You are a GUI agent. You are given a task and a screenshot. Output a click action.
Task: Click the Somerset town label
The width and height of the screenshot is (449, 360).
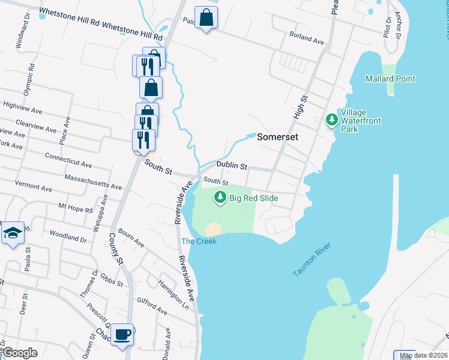tap(277, 137)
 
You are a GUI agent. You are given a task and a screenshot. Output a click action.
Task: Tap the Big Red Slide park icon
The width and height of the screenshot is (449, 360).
tap(220, 197)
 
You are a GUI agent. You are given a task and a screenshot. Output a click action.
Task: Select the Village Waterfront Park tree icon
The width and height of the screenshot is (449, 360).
tap(331, 120)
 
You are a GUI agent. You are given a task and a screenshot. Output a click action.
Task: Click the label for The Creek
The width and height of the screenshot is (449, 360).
tap(195, 241)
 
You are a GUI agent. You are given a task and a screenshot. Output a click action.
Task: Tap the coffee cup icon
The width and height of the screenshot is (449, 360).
tap(122, 334)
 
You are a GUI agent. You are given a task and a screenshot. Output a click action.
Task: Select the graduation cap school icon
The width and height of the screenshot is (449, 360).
tap(11, 233)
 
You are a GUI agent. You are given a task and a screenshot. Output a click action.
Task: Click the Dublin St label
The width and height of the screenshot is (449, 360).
tap(232, 166)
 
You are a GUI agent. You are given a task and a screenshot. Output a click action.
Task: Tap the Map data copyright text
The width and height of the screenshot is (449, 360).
tap(424, 356)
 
